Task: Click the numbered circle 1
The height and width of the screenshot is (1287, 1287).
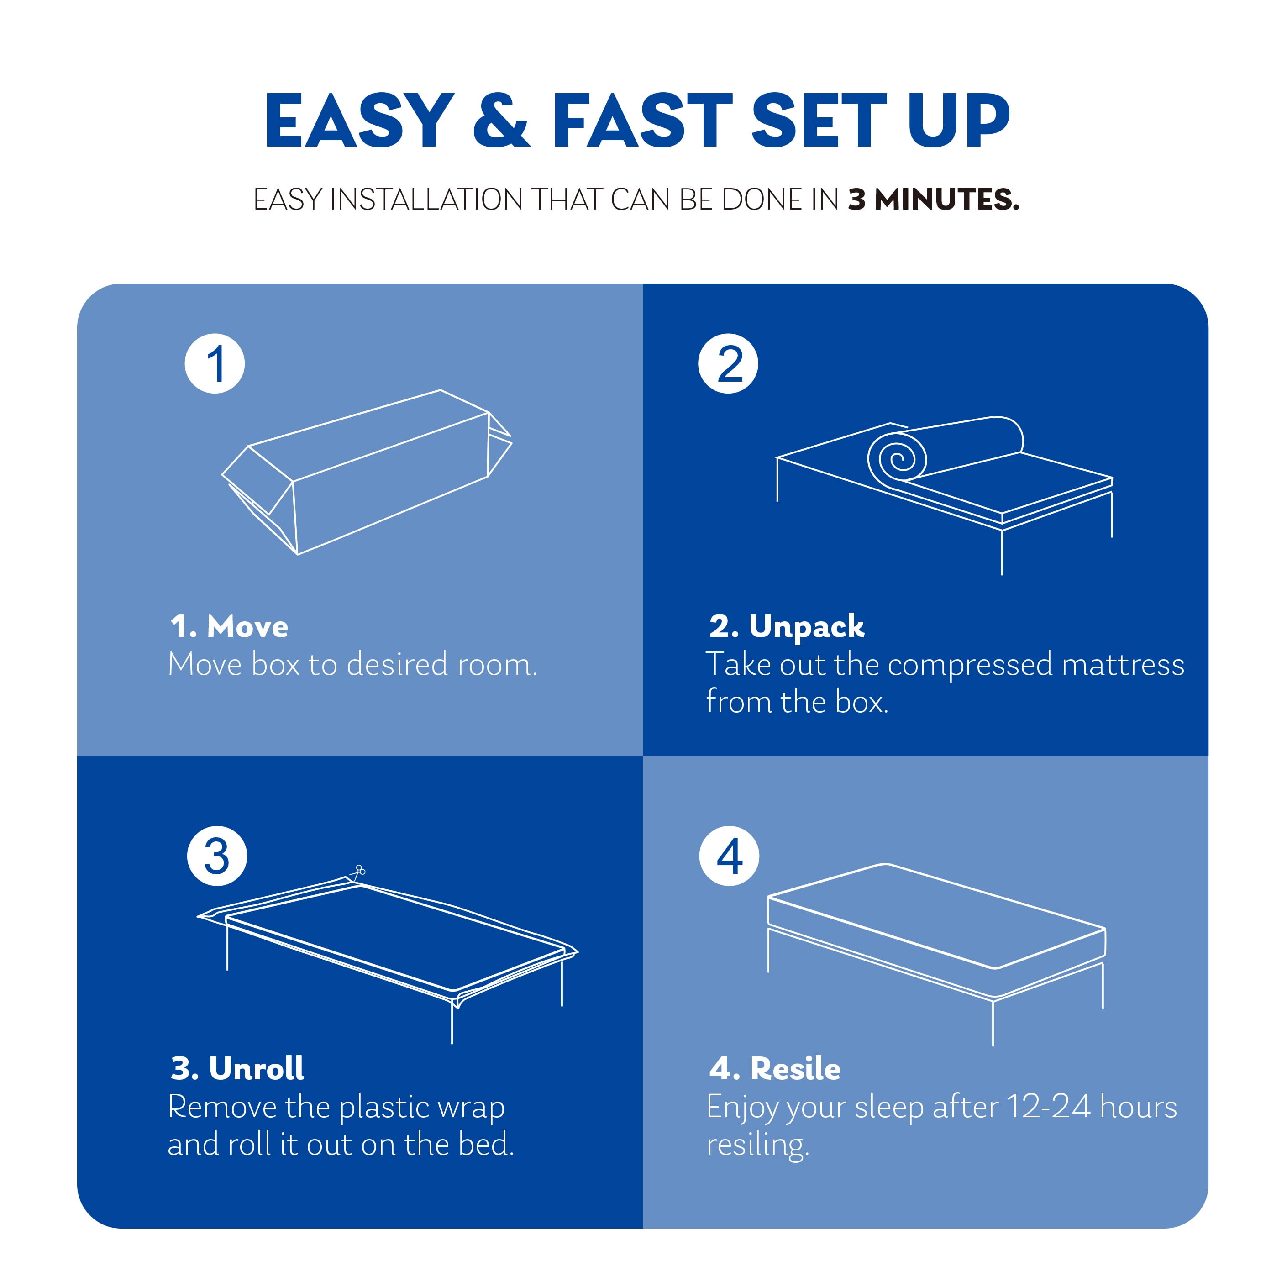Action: [x=215, y=364]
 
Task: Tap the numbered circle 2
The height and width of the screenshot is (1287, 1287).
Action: [x=728, y=364]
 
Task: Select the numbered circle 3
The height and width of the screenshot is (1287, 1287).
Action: [x=217, y=856]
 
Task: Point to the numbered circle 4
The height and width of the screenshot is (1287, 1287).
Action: [x=730, y=856]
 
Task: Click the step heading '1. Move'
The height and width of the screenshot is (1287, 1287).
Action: [x=229, y=626]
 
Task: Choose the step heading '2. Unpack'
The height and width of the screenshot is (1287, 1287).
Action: [x=787, y=627]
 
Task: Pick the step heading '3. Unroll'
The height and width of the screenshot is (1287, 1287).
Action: [x=237, y=1068]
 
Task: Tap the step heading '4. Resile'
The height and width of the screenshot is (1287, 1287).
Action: [x=775, y=1068]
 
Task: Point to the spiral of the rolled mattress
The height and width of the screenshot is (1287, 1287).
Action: [x=897, y=457]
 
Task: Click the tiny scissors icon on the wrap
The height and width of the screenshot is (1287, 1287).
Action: [x=358, y=872]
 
